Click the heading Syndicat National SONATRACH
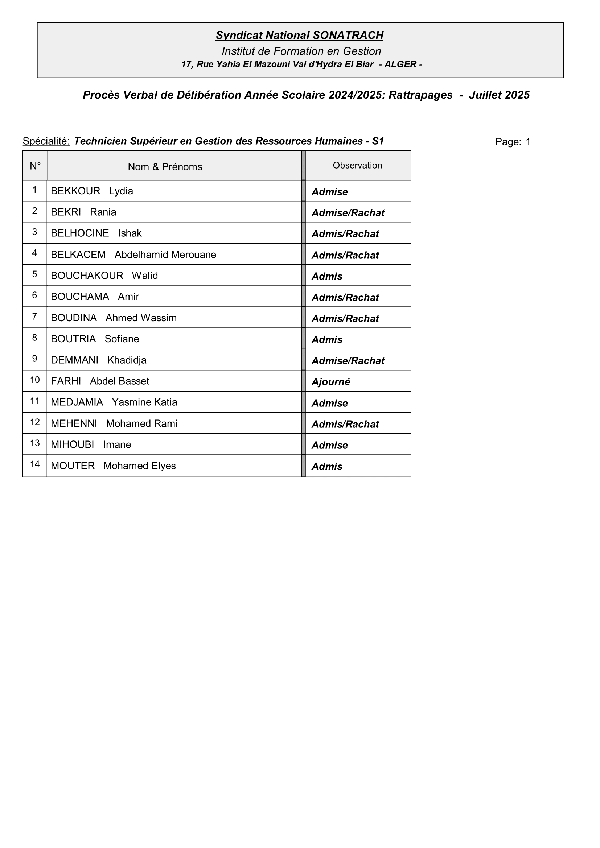coord(299,36)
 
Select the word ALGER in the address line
coord(400,64)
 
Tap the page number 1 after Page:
coord(528,142)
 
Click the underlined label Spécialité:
coord(46,141)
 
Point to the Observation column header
coord(357,165)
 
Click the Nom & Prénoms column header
coord(165,167)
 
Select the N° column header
coord(35,166)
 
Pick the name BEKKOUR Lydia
coord(92,191)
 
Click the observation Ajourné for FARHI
coord(331,382)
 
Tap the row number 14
coord(35,464)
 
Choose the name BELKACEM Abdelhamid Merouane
coord(133,255)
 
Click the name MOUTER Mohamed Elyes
coord(113,466)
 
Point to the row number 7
coord(35,317)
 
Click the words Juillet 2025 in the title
coord(499,95)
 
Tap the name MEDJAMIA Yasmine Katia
coord(114,402)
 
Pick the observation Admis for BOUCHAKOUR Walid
coord(327,276)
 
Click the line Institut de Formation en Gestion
coord(301,51)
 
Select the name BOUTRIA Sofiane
coord(95,339)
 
